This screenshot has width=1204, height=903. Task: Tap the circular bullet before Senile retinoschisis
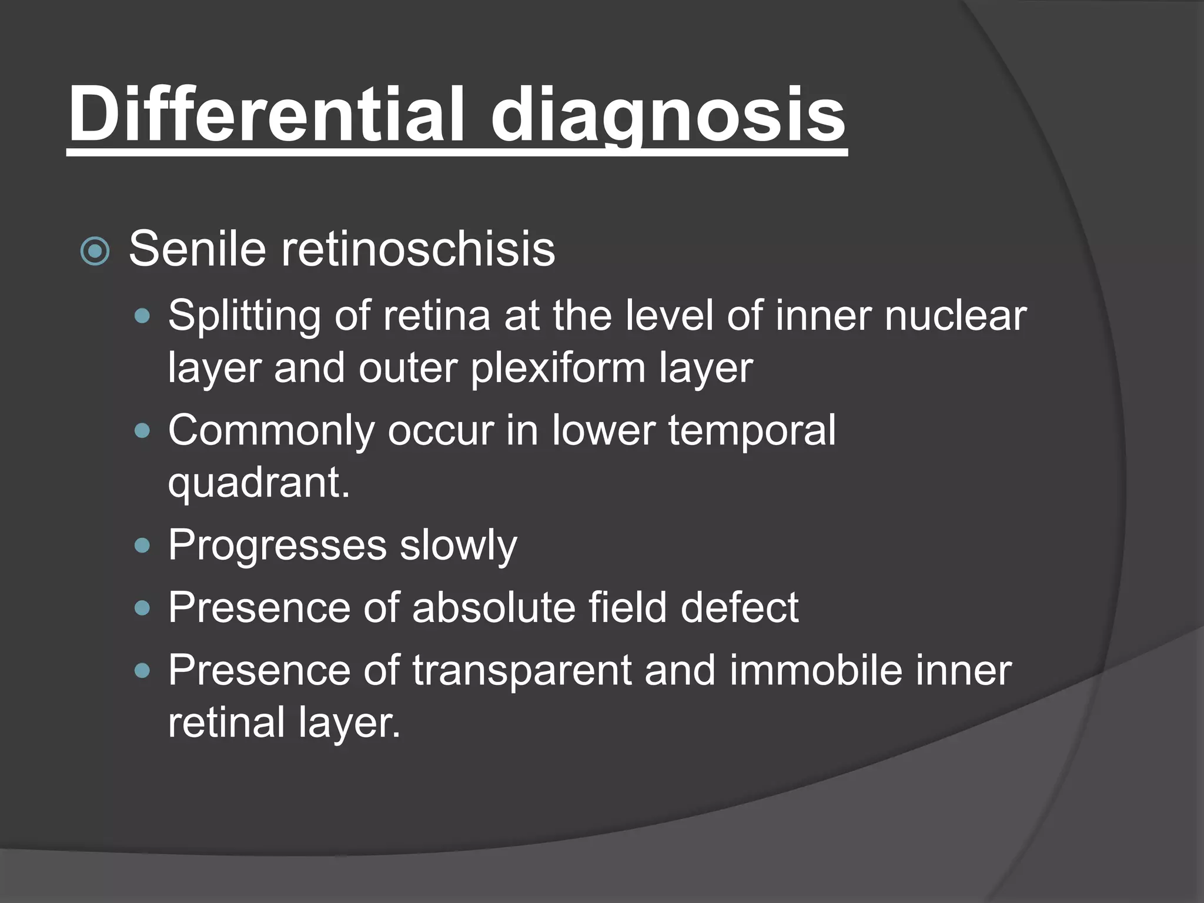pyautogui.click(x=95, y=252)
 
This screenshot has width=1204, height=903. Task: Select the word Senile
pyautogui.click(x=197, y=249)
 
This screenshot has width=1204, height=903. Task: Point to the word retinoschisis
pyautogui.click(x=417, y=249)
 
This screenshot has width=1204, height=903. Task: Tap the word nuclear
pyautogui.click(x=955, y=315)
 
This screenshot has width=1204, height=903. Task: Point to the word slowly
pyautogui.click(x=459, y=546)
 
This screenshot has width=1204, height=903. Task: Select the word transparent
pyautogui.click(x=521, y=671)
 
